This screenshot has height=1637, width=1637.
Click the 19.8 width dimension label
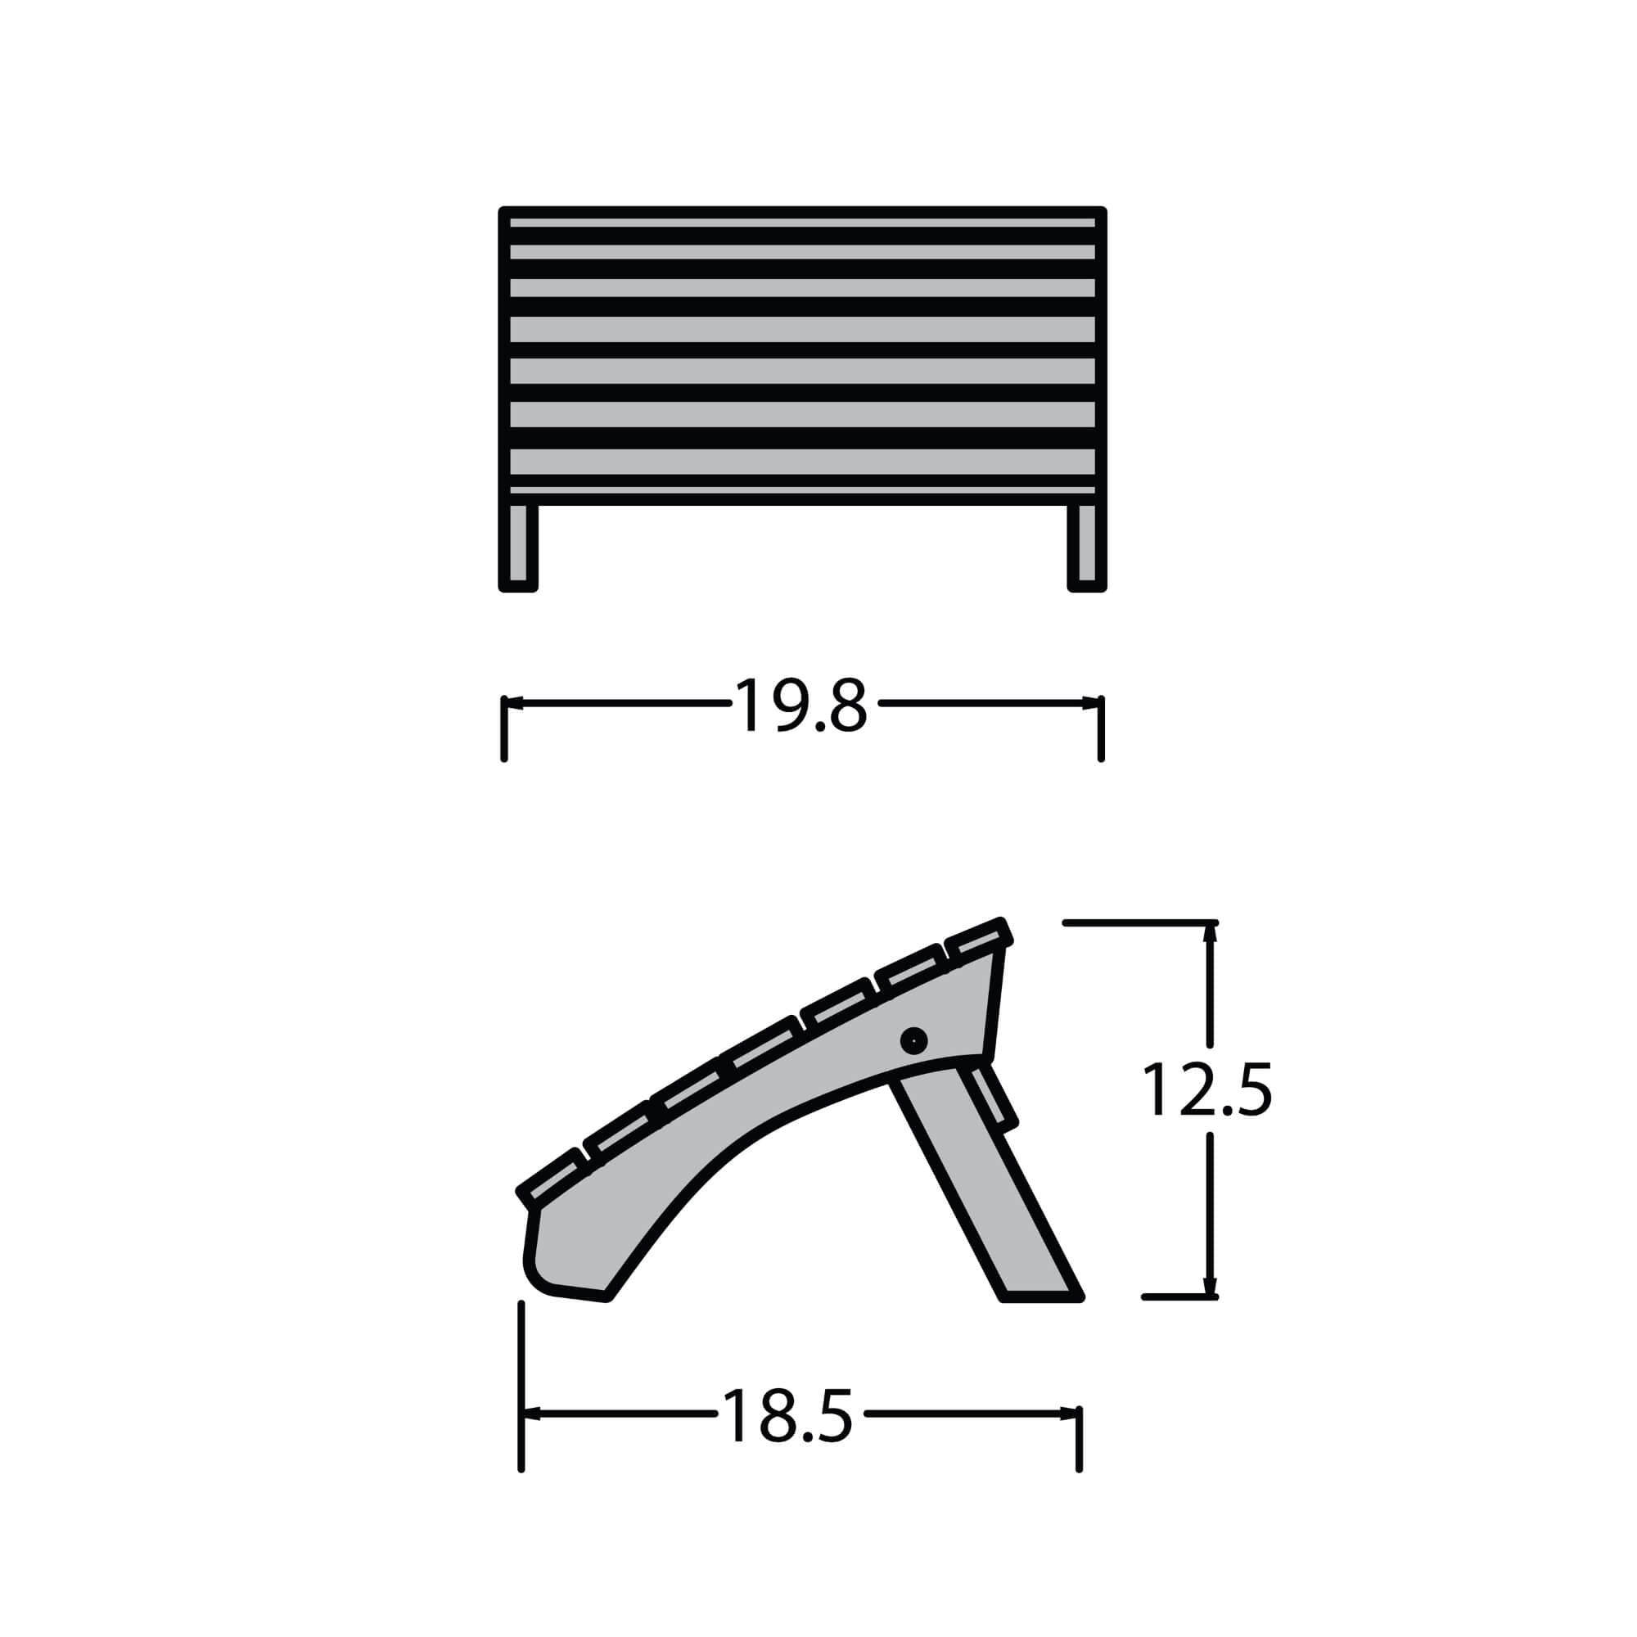800,704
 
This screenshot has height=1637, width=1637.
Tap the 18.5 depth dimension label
787,1415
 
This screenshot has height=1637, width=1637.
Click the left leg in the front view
518,547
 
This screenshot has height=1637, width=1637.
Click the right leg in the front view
1087,547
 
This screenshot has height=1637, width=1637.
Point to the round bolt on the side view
913,1040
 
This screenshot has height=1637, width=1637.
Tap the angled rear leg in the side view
987,1186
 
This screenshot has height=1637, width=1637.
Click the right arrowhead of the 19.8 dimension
1091,703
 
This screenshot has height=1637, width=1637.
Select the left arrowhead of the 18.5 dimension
531,1414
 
